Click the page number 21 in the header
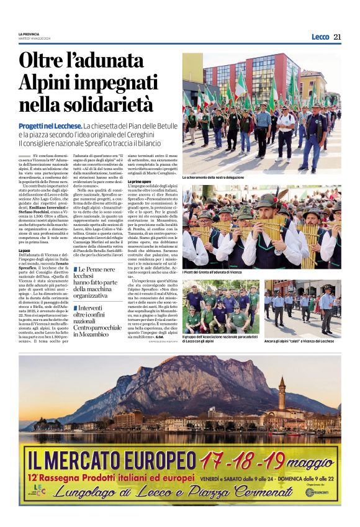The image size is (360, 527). coord(337,37)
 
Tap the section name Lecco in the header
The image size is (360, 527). coord(320,37)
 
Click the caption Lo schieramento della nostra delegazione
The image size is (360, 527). coord(213,178)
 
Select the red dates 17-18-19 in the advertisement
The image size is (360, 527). coord(243,460)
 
